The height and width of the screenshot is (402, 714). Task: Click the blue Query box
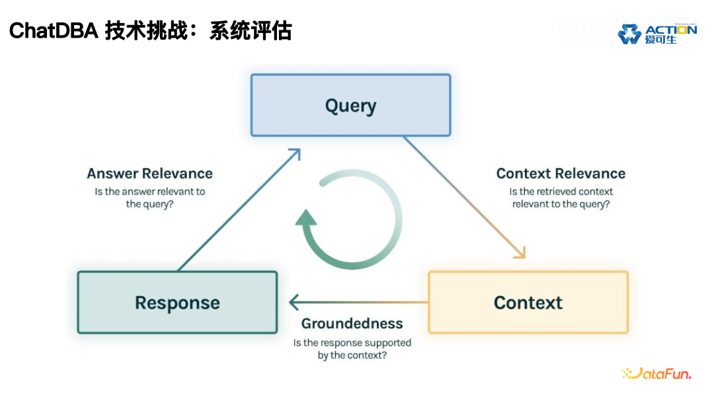point(350,106)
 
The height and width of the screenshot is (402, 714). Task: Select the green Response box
point(177,303)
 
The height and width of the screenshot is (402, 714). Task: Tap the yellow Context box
point(528,303)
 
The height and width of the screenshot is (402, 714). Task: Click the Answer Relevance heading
point(150,174)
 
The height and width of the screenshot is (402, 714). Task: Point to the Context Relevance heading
point(561,174)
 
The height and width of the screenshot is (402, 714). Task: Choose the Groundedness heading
point(352,323)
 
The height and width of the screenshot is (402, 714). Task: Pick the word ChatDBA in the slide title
point(53,30)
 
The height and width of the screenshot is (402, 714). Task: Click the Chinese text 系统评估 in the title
point(251,30)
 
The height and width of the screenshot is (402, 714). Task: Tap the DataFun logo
point(656,374)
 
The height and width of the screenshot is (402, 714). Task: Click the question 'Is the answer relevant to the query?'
point(150,198)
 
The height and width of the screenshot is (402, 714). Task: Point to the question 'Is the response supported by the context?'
point(352,349)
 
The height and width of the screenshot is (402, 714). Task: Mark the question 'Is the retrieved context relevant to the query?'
point(561,198)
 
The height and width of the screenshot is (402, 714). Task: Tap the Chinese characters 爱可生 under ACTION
point(660,40)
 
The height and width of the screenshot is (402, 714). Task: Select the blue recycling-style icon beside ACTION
point(629,34)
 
